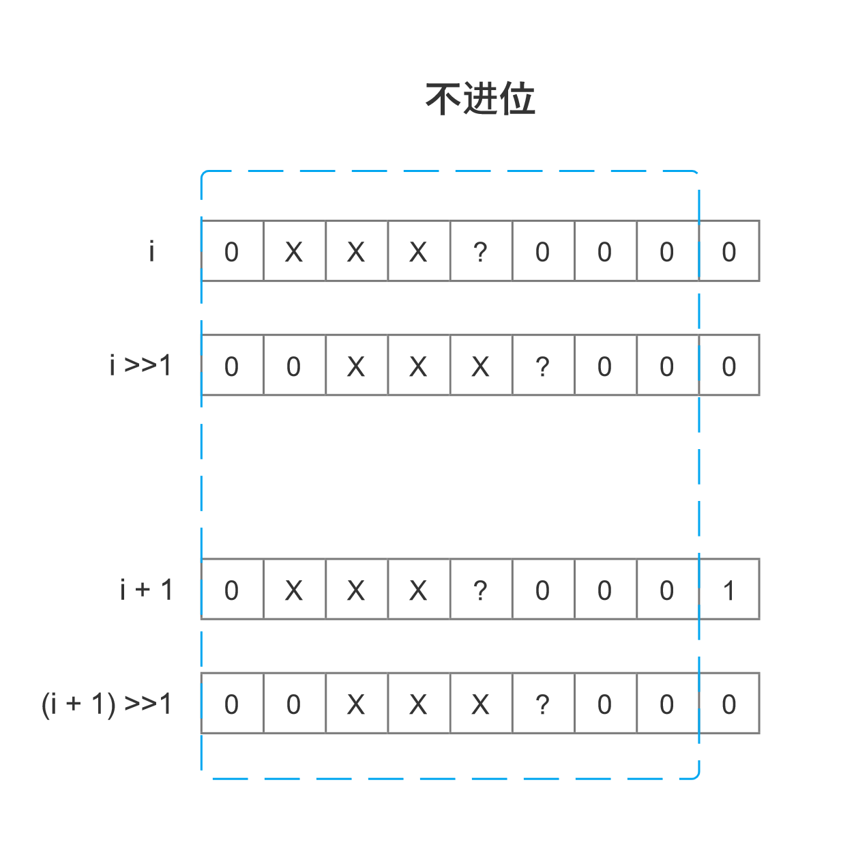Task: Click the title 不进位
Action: pos(480,99)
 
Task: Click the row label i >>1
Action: pos(141,365)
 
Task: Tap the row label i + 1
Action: pos(147,590)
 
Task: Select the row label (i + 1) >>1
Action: pos(106,704)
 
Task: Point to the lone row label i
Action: pos(151,251)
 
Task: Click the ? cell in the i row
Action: pos(480,251)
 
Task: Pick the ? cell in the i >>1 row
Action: pos(542,365)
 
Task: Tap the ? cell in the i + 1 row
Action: pos(480,590)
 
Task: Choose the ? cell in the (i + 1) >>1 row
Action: pos(542,704)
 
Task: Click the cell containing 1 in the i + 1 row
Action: pos(728,590)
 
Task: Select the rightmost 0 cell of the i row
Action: pos(728,251)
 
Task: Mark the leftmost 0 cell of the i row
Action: pos(232,251)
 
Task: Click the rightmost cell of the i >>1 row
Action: pos(728,365)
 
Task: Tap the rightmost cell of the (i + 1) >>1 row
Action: pos(728,704)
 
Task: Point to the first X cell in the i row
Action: pos(294,251)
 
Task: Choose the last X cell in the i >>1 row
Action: pos(480,365)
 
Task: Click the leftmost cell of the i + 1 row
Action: pos(232,590)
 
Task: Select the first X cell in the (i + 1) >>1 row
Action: pos(356,704)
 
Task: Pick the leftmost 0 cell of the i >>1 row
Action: pos(232,365)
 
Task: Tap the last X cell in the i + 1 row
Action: pos(418,590)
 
